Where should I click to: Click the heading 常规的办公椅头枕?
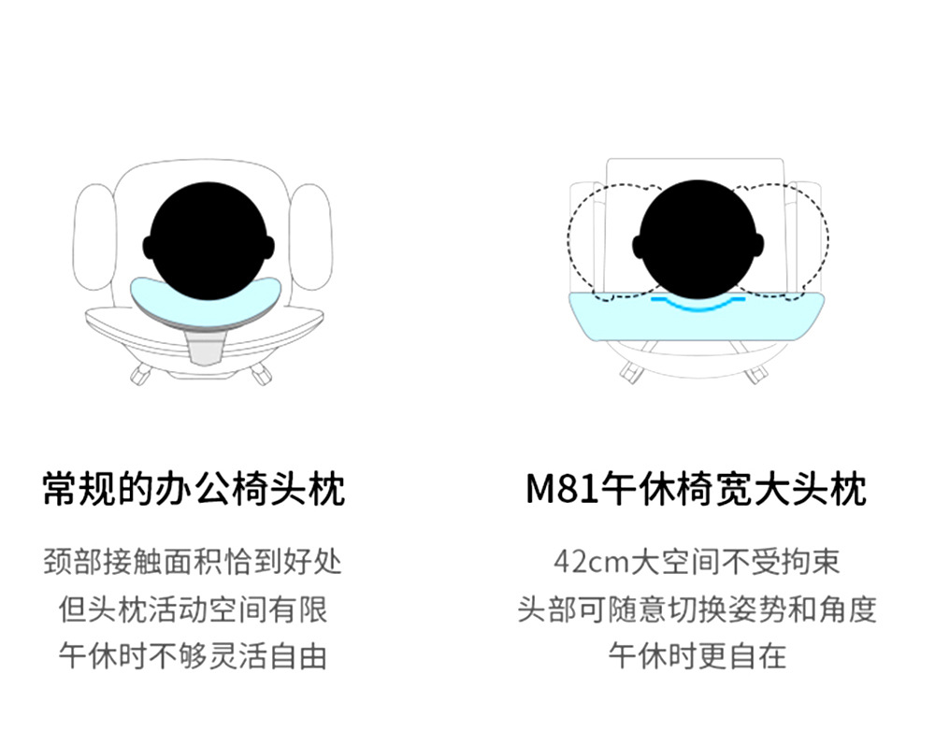[194, 490]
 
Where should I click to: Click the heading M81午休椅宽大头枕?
[697, 490]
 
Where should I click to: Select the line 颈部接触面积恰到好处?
[193, 562]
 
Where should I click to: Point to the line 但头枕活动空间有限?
[193, 609]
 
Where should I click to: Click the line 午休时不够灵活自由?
[193, 656]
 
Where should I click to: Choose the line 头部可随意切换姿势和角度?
[697, 609]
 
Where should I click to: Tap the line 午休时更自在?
[697, 656]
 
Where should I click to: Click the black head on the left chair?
[209, 241]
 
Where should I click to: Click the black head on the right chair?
[698, 238]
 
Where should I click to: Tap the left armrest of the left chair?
[94, 237]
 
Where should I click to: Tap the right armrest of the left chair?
[310, 237]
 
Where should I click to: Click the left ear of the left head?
[148, 246]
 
